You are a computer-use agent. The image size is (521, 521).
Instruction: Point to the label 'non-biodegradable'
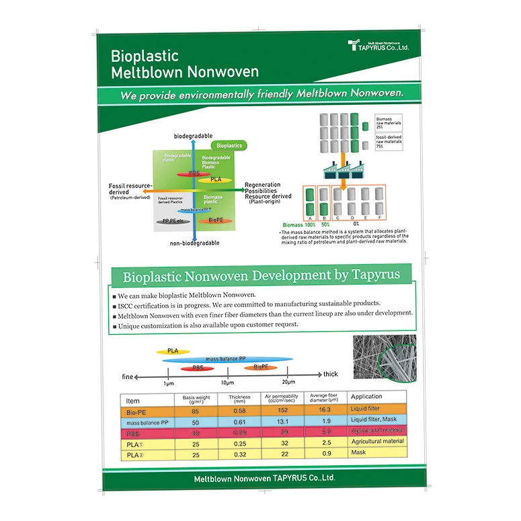tap(195, 243)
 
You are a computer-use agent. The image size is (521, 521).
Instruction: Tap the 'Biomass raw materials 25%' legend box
tap(387, 124)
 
